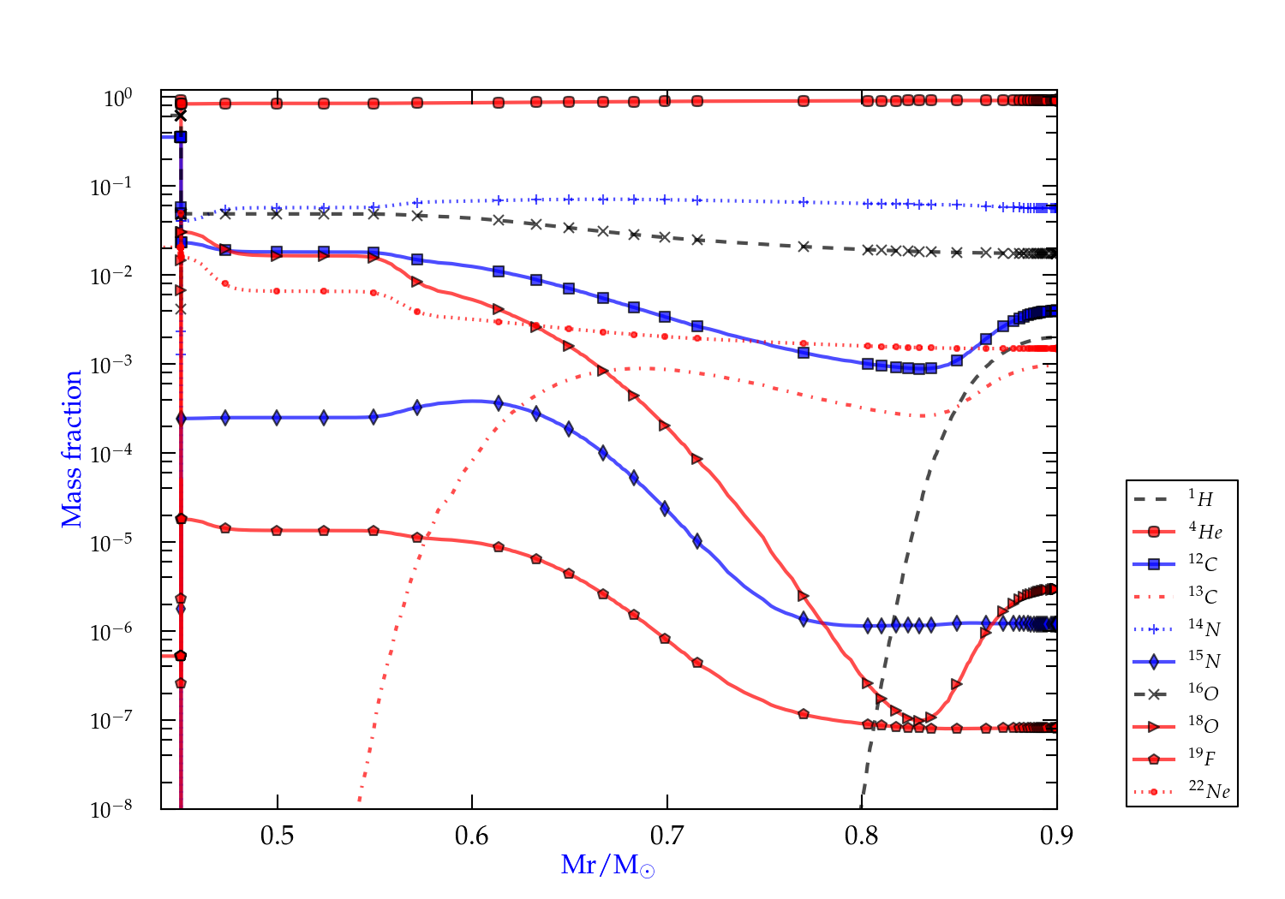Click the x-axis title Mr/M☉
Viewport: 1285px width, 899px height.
(607, 866)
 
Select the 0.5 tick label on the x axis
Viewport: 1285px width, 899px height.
(277, 835)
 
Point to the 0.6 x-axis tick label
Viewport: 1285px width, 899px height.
(472, 835)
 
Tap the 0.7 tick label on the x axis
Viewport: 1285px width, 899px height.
(666, 835)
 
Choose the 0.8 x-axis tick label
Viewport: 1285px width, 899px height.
(862, 835)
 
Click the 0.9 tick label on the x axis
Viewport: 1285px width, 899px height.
(1056, 835)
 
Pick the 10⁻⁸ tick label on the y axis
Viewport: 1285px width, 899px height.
(111, 808)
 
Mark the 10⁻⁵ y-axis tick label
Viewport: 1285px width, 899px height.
(111, 542)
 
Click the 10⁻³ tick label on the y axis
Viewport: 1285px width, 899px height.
(111, 364)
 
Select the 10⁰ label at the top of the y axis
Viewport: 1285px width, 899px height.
(117, 98)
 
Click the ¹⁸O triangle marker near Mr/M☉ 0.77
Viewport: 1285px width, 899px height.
(803, 596)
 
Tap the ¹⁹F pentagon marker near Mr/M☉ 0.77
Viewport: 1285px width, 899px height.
(803, 714)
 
